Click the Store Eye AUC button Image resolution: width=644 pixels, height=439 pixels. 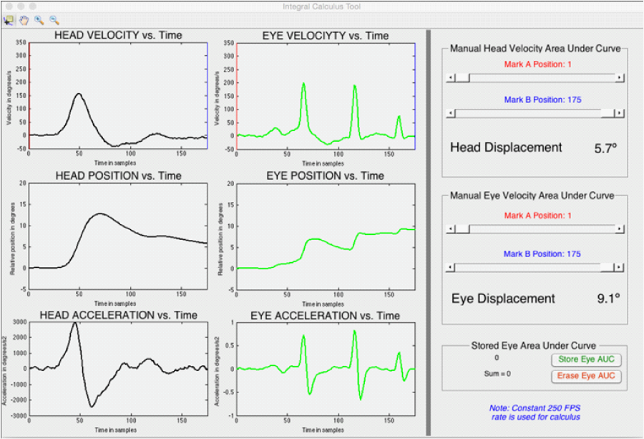coord(585,360)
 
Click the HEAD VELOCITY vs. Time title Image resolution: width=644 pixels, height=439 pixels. coord(117,35)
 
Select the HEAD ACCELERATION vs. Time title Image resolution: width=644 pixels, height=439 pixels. coord(118,315)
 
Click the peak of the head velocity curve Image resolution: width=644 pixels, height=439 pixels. coord(79,93)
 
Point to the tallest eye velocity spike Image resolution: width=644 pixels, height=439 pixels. coord(303,83)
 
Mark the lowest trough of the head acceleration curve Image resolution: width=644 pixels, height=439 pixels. coord(92,407)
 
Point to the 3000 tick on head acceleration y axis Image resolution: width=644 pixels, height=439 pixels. coord(19,322)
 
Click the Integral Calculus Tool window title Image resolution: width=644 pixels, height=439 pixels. coord(322,6)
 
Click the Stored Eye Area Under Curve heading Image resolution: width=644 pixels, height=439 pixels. coord(533,346)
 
